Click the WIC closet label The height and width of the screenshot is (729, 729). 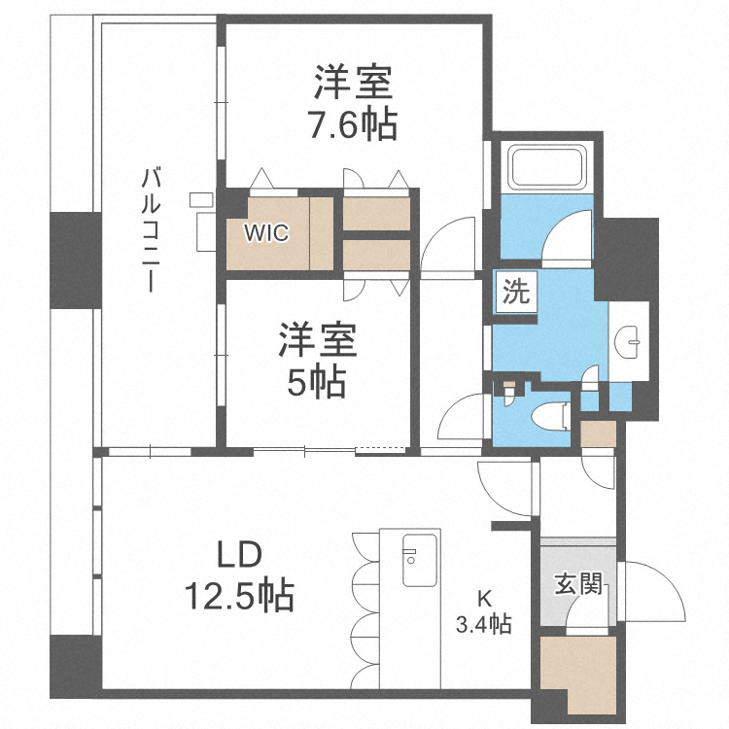(x=264, y=233)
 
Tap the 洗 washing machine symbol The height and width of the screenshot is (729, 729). (x=516, y=293)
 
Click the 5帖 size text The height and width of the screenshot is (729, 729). (x=316, y=383)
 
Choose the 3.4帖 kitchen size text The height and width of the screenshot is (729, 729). (x=484, y=623)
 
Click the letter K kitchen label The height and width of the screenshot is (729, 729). (x=483, y=599)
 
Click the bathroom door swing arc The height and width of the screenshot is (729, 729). (x=567, y=233)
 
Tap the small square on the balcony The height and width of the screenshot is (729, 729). (x=200, y=199)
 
